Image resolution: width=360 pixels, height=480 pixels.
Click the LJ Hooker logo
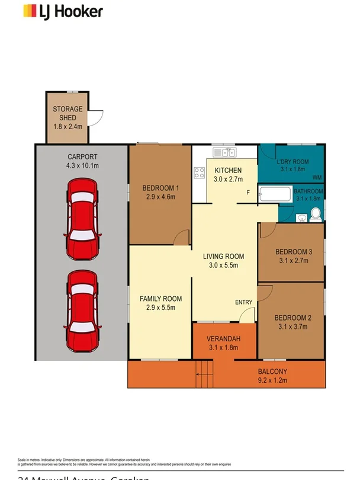(63, 11)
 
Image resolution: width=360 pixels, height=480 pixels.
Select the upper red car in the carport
(82, 217)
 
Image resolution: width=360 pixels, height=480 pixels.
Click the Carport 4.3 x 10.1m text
(82, 162)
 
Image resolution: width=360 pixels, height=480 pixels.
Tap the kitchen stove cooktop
(199, 174)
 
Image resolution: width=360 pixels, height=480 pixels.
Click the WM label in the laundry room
(317, 177)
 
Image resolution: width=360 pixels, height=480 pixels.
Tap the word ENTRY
(244, 302)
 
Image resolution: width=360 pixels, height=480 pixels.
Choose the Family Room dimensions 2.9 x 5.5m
(160, 308)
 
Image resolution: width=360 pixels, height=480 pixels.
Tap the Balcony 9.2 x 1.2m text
(272, 376)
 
